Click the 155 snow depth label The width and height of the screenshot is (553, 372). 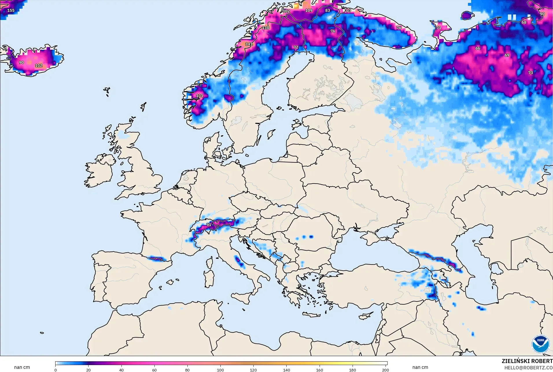(11, 10)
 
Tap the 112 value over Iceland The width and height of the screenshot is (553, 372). (39, 66)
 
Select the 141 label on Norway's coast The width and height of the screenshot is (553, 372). (249, 44)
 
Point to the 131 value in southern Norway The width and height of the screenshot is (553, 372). (200, 96)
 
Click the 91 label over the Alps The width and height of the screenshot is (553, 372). (209, 225)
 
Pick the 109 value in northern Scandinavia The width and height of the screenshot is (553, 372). (309, 10)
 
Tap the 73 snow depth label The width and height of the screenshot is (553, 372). (530, 73)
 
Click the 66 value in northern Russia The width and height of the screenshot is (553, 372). (478, 48)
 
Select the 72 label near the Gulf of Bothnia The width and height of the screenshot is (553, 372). (296, 47)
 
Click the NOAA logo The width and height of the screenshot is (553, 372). (540, 344)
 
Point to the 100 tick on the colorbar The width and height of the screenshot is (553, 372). (220, 370)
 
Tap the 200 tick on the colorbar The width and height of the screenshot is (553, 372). (385, 370)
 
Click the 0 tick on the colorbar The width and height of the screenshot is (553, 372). (56, 370)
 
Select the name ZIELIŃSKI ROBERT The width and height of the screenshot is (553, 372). (527, 361)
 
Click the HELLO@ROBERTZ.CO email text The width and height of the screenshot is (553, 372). (528, 368)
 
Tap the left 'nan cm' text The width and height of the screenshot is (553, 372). (22, 367)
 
